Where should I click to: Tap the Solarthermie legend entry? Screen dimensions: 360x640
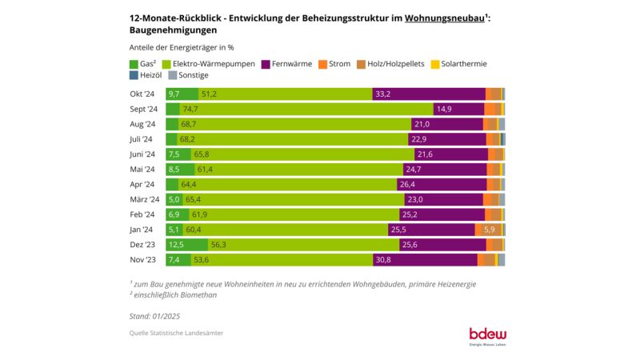458,64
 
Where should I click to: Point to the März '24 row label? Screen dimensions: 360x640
144,199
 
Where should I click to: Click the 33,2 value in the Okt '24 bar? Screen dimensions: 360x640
382,94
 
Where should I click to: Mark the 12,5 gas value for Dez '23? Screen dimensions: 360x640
176,245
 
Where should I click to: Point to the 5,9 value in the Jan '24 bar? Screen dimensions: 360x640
489,230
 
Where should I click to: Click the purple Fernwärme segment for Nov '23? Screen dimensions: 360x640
425,260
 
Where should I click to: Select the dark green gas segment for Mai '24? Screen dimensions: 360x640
180,170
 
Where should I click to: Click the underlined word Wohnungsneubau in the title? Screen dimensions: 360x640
444,17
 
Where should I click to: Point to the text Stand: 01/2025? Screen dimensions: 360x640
155,315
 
